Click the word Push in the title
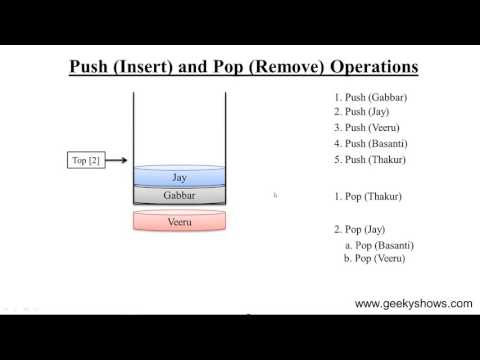[89, 68]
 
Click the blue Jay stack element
[180, 177]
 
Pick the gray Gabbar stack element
[180, 196]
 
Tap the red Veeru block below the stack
[180, 220]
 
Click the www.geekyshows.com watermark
[413, 303]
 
